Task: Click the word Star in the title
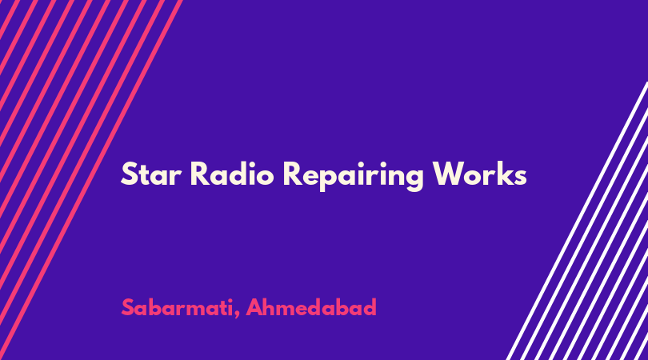151,174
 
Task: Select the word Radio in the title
232,174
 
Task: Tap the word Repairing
354,177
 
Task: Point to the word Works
480,174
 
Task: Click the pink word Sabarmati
178,307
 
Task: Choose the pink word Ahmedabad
311,307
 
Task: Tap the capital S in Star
129,174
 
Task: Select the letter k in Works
504,174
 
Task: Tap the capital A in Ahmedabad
255,307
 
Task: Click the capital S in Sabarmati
128,307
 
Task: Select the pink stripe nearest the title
91,180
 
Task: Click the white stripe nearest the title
577,221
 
